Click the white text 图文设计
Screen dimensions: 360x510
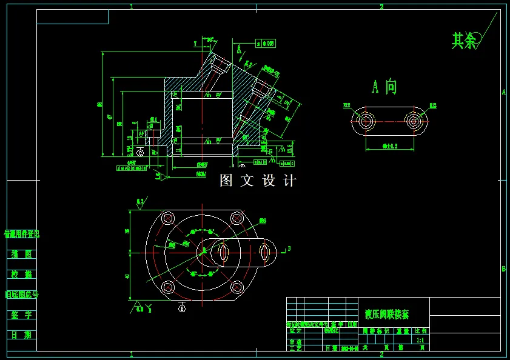pyautogui.click(x=258, y=181)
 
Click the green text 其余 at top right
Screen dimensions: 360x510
pyautogui.click(x=464, y=41)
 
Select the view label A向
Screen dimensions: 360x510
pyautogui.click(x=384, y=87)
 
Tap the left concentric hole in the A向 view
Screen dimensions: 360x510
pyautogui.click(x=365, y=121)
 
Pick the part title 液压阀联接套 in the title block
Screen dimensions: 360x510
pyautogui.click(x=387, y=315)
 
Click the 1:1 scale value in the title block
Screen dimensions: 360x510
pyautogui.click(x=420, y=341)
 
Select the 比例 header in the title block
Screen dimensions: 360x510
pyautogui.click(x=420, y=331)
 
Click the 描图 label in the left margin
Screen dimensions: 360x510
pyautogui.click(x=22, y=255)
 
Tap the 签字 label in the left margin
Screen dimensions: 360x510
pyautogui.click(x=22, y=315)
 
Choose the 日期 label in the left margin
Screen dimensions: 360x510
pyautogui.click(x=22, y=335)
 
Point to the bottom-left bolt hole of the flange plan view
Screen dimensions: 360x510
pyautogui.click(x=169, y=287)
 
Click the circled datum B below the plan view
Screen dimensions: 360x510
pyautogui.click(x=182, y=308)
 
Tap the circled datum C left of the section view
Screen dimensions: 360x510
pyautogui.click(x=141, y=153)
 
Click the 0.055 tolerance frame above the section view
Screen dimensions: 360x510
pyautogui.click(x=266, y=43)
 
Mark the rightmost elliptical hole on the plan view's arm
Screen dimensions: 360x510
pyautogui.click(x=265, y=251)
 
